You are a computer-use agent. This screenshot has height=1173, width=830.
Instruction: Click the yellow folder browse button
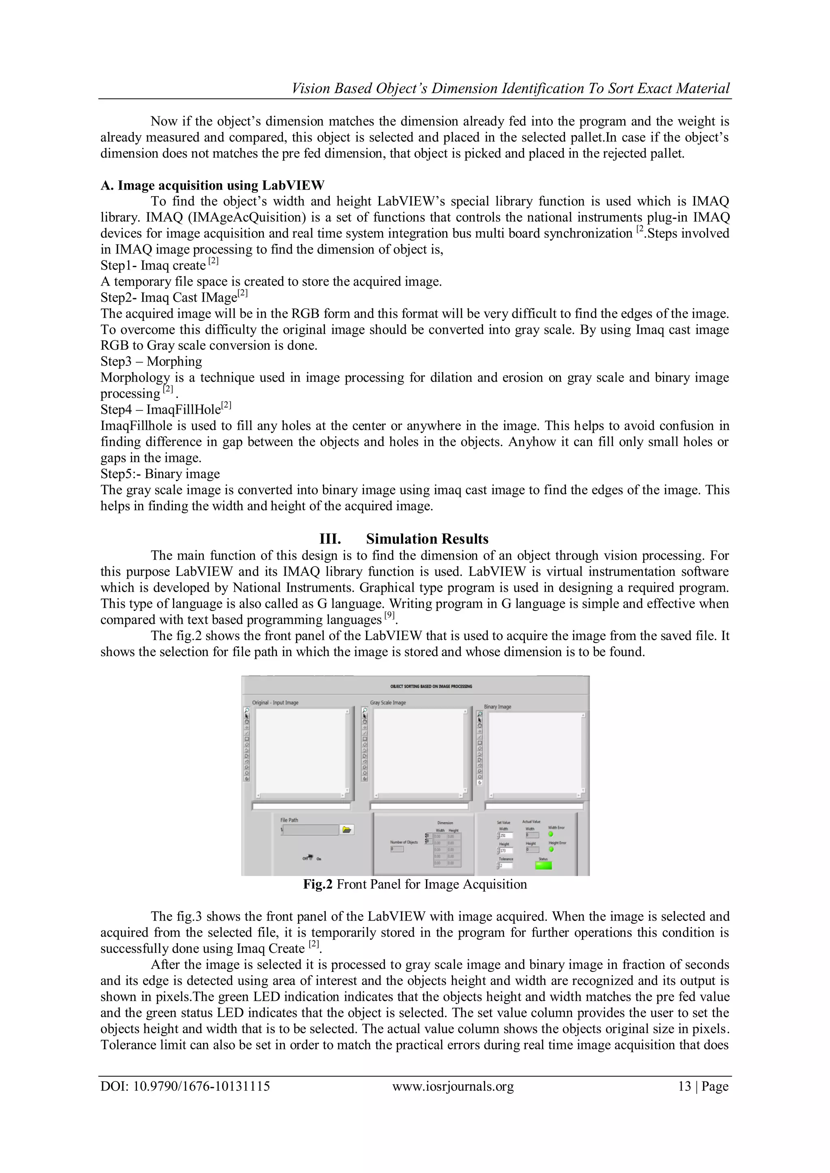click(x=347, y=830)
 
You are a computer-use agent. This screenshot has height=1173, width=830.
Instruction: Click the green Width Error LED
click(x=550, y=834)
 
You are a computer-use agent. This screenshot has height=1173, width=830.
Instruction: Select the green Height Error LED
click(x=551, y=850)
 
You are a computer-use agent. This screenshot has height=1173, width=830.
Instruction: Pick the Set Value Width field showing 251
click(x=506, y=835)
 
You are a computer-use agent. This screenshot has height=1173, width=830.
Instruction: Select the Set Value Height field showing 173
click(x=506, y=850)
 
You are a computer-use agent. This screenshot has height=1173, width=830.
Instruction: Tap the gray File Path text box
click(x=310, y=830)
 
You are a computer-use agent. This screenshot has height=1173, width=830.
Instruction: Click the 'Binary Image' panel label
click(x=497, y=707)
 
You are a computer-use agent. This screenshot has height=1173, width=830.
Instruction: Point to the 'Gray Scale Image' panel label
click(x=388, y=703)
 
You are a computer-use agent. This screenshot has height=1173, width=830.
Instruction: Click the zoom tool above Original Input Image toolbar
click(x=247, y=710)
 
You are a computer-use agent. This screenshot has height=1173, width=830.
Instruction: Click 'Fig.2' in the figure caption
click(x=318, y=885)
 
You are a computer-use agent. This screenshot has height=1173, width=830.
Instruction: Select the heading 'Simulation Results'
click(x=427, y=539)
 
